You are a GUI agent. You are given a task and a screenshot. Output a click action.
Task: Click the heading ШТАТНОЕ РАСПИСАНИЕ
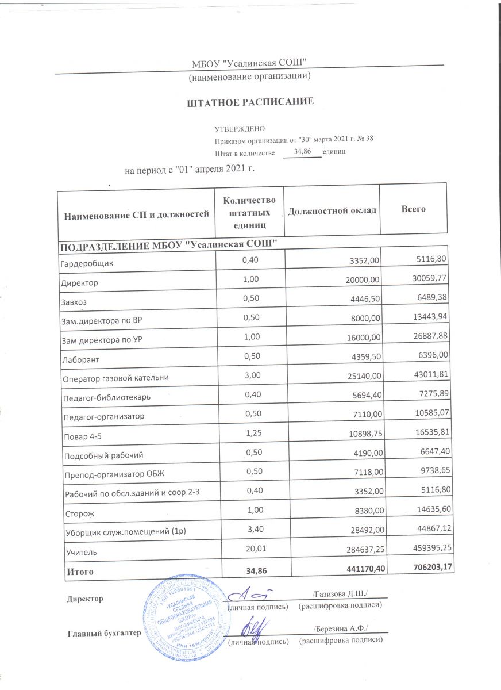pyautogui.click(x=250, y=102)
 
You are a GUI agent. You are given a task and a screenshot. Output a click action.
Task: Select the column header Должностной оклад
pyautogui.click(x=332, y=211)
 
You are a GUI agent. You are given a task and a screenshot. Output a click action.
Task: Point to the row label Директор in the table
pyautogui.click(x=79, y=283)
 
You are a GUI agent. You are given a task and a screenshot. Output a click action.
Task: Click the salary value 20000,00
pyautogui.click(x=359, y=279)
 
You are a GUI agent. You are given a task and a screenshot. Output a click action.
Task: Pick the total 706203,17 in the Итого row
pyautogui.click(x=424, y=568)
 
